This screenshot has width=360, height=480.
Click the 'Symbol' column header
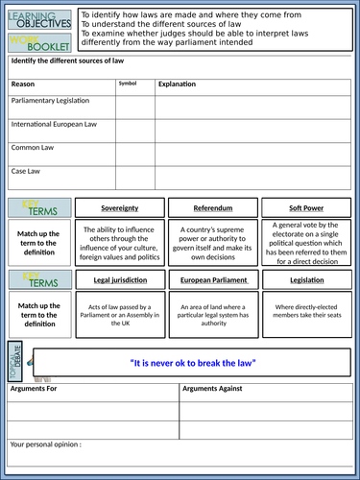(x=128, y=84)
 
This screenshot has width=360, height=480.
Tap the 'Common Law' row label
(x=33, y=148)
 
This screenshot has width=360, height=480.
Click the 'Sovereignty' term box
(x=119, y=207)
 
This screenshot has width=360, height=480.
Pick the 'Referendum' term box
(x=212, y=207)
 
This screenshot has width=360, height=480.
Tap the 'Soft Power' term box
(x=305, y=207)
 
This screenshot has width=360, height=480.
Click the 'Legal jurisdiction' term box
(x=119, y=280)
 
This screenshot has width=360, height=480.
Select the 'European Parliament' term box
(x=212, y=280)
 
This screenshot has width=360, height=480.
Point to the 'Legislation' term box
(x=305, y=280)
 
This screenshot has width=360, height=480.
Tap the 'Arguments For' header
(x=37, y=389)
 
